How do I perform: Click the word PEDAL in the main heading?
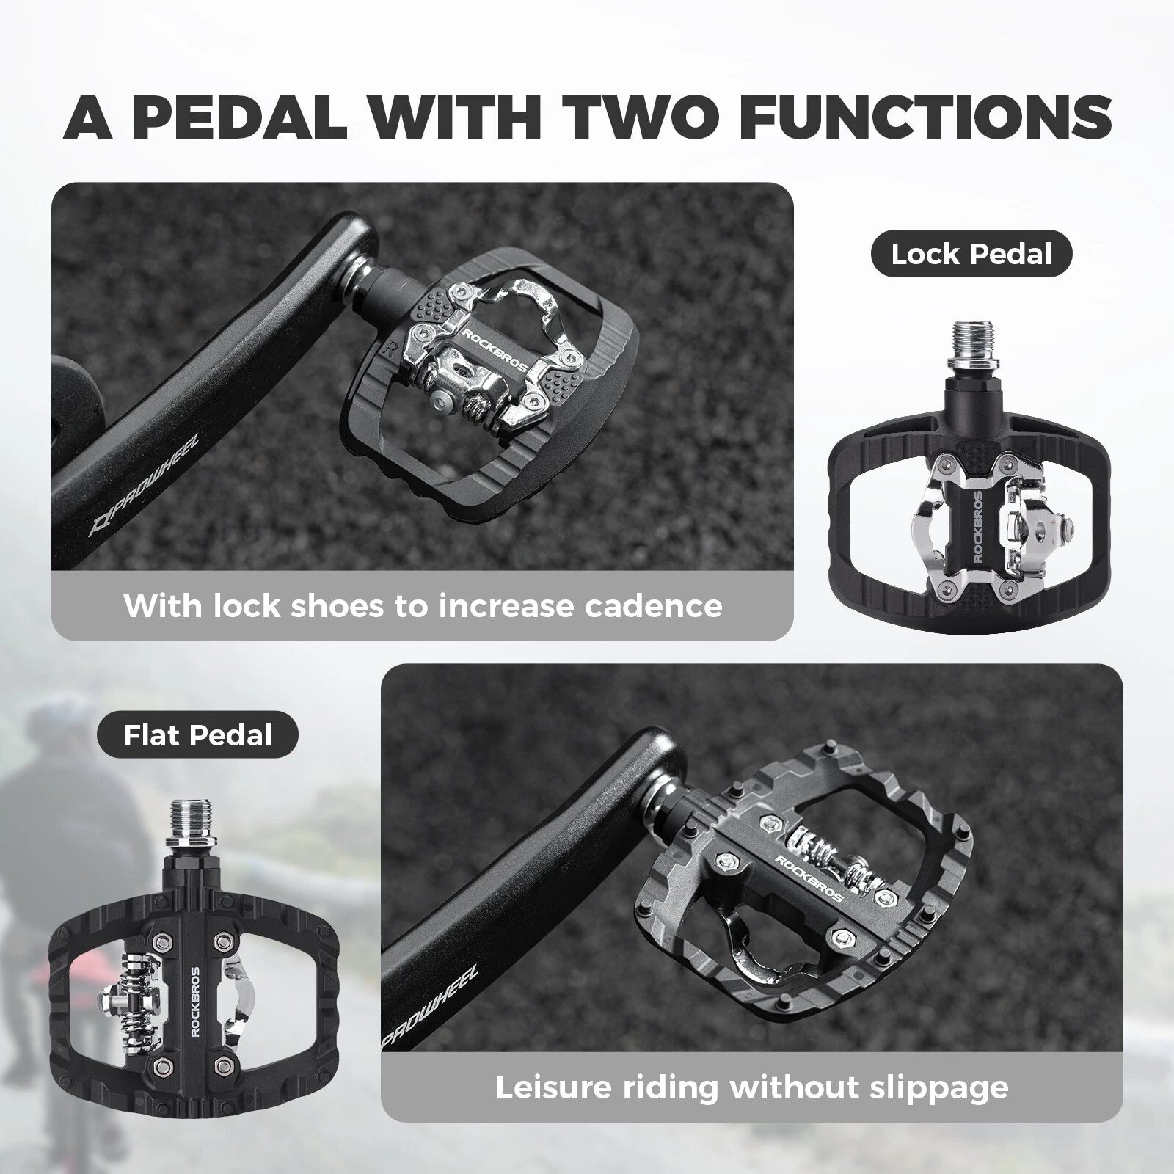click(x=239, y=115)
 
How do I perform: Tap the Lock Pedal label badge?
click(x=971, y=255)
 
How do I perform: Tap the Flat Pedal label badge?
click(x=197, y=735)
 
